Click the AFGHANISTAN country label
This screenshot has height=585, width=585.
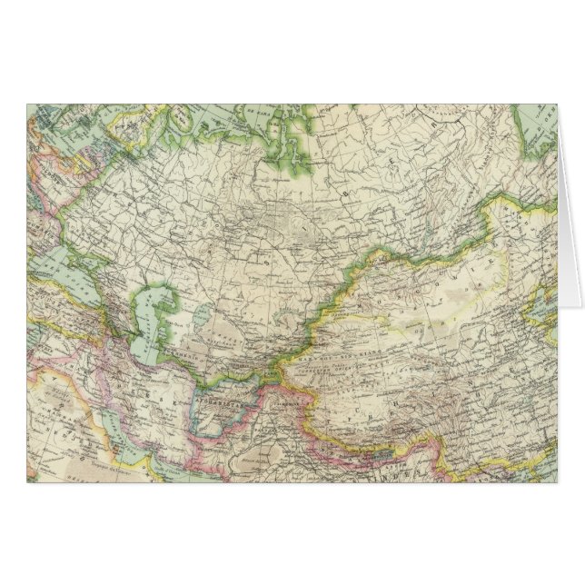coord(215,398)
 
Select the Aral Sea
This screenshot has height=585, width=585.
coord(152,305)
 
